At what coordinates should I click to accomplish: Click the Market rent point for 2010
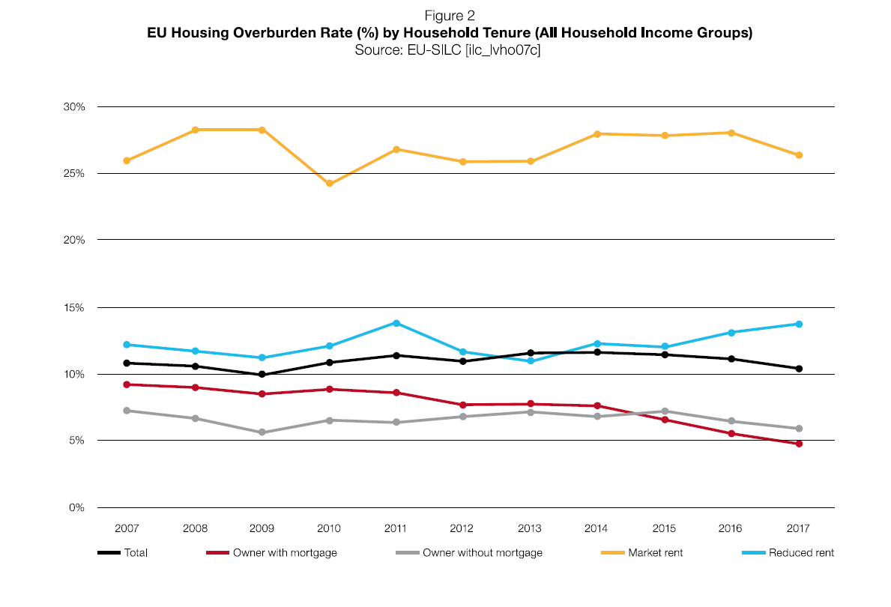(329, 184)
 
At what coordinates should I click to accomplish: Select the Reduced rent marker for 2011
(396, 323)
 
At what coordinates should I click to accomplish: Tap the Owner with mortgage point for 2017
(799, 444)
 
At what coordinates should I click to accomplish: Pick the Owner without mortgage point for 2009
(262, 432)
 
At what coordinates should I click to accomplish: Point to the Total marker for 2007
(127, 363)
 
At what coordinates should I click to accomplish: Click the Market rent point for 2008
(195, 130)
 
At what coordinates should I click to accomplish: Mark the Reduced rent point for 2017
(799, 324)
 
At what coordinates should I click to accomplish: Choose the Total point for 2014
(597, 352)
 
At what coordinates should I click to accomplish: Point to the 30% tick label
(74, 106)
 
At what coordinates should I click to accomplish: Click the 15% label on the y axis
(74, 307)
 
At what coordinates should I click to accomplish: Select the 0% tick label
(76, 507)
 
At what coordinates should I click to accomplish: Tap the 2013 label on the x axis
(530, 528)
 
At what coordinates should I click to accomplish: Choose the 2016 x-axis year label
(731, 528)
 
